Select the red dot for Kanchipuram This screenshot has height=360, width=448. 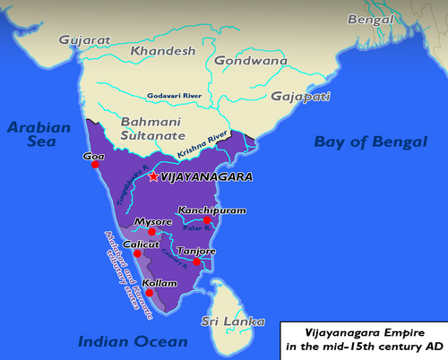[207, 219]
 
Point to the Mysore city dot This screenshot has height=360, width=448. [153, 232]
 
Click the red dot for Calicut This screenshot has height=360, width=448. [137, 253]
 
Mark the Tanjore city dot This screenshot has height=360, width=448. [196, 262]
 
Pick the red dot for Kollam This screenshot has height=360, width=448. [150, 293]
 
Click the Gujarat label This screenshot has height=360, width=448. [85, 39]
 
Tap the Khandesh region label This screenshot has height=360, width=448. [163, 52]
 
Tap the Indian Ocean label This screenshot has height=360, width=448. [132, 341]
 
